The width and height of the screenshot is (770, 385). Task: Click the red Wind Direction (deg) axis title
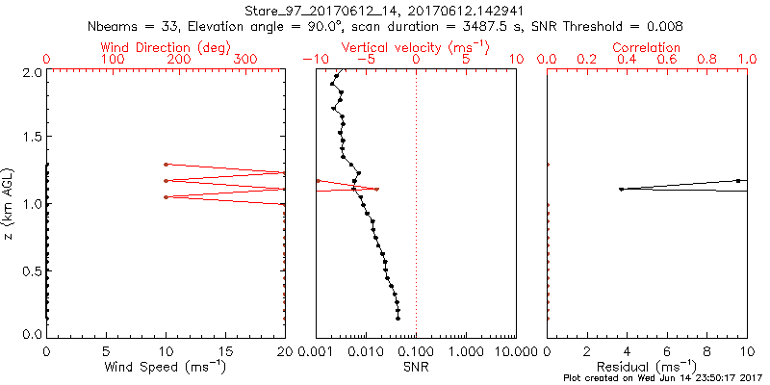(166, 46)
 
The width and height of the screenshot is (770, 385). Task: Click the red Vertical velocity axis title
(415, 46)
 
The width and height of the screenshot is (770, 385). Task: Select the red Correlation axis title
(647, 46)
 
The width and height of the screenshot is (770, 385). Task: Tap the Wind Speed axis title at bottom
(166, 367)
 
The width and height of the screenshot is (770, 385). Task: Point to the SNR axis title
(415, 367)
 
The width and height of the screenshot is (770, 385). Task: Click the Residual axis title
(647, 367)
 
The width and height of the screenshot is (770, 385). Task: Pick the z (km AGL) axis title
(10, 202)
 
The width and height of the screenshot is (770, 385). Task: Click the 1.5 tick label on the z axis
(32, 138)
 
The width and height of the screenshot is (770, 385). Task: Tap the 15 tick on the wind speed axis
(225, 350)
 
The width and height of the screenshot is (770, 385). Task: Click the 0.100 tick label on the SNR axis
(416, 350)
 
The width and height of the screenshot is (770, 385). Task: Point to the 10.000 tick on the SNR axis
(512, 350)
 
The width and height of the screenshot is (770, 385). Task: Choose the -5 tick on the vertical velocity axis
(367, 60)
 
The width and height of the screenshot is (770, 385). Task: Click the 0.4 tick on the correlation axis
(628, 60)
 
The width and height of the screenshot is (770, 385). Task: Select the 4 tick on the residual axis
(628, 350)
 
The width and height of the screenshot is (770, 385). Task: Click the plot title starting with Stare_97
(384, 10)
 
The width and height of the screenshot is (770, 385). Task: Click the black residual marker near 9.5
(738, 180)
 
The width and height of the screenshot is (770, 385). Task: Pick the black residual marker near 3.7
(621, 189)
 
